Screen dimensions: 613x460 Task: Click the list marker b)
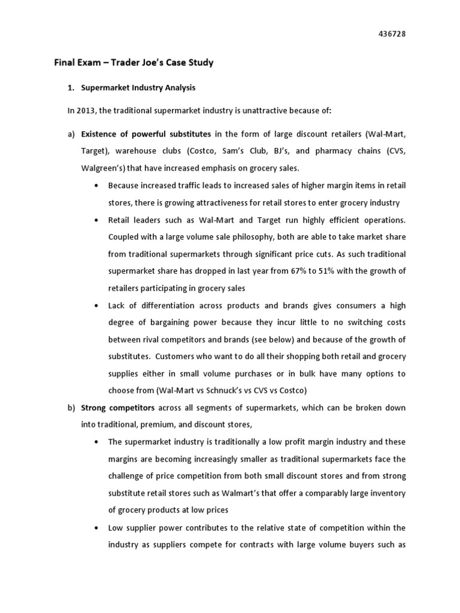point(70,408)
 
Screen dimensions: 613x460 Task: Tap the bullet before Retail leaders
point(96,220)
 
